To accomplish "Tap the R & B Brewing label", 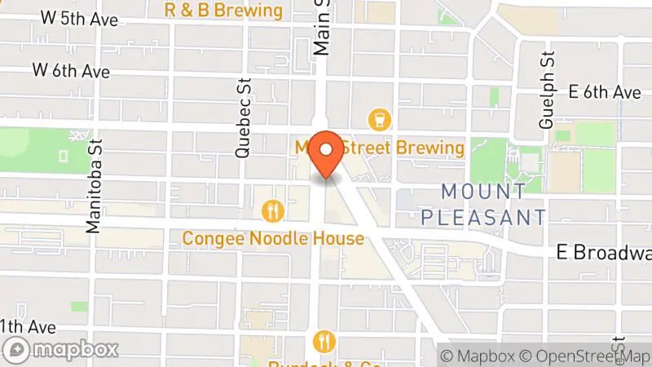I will [223, 10].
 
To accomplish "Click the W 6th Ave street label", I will [71, 72].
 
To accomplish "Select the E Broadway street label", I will [604, 253].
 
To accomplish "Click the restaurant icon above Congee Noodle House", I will [272, 212].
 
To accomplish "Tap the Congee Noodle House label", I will [272, 239].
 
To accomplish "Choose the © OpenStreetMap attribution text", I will [586, 356].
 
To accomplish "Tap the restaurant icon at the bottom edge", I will [324, 341].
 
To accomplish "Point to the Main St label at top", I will [323, 29].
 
